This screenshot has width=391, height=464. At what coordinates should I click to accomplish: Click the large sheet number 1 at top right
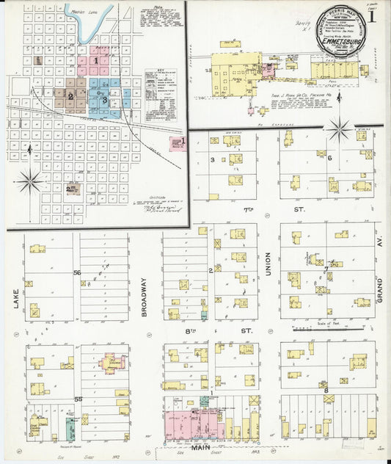(373, 15)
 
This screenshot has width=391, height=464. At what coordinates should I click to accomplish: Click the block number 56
(76, 272)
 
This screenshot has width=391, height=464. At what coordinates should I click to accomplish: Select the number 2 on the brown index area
(70, 97)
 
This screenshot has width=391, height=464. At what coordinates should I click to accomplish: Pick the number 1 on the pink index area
(95, 59)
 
